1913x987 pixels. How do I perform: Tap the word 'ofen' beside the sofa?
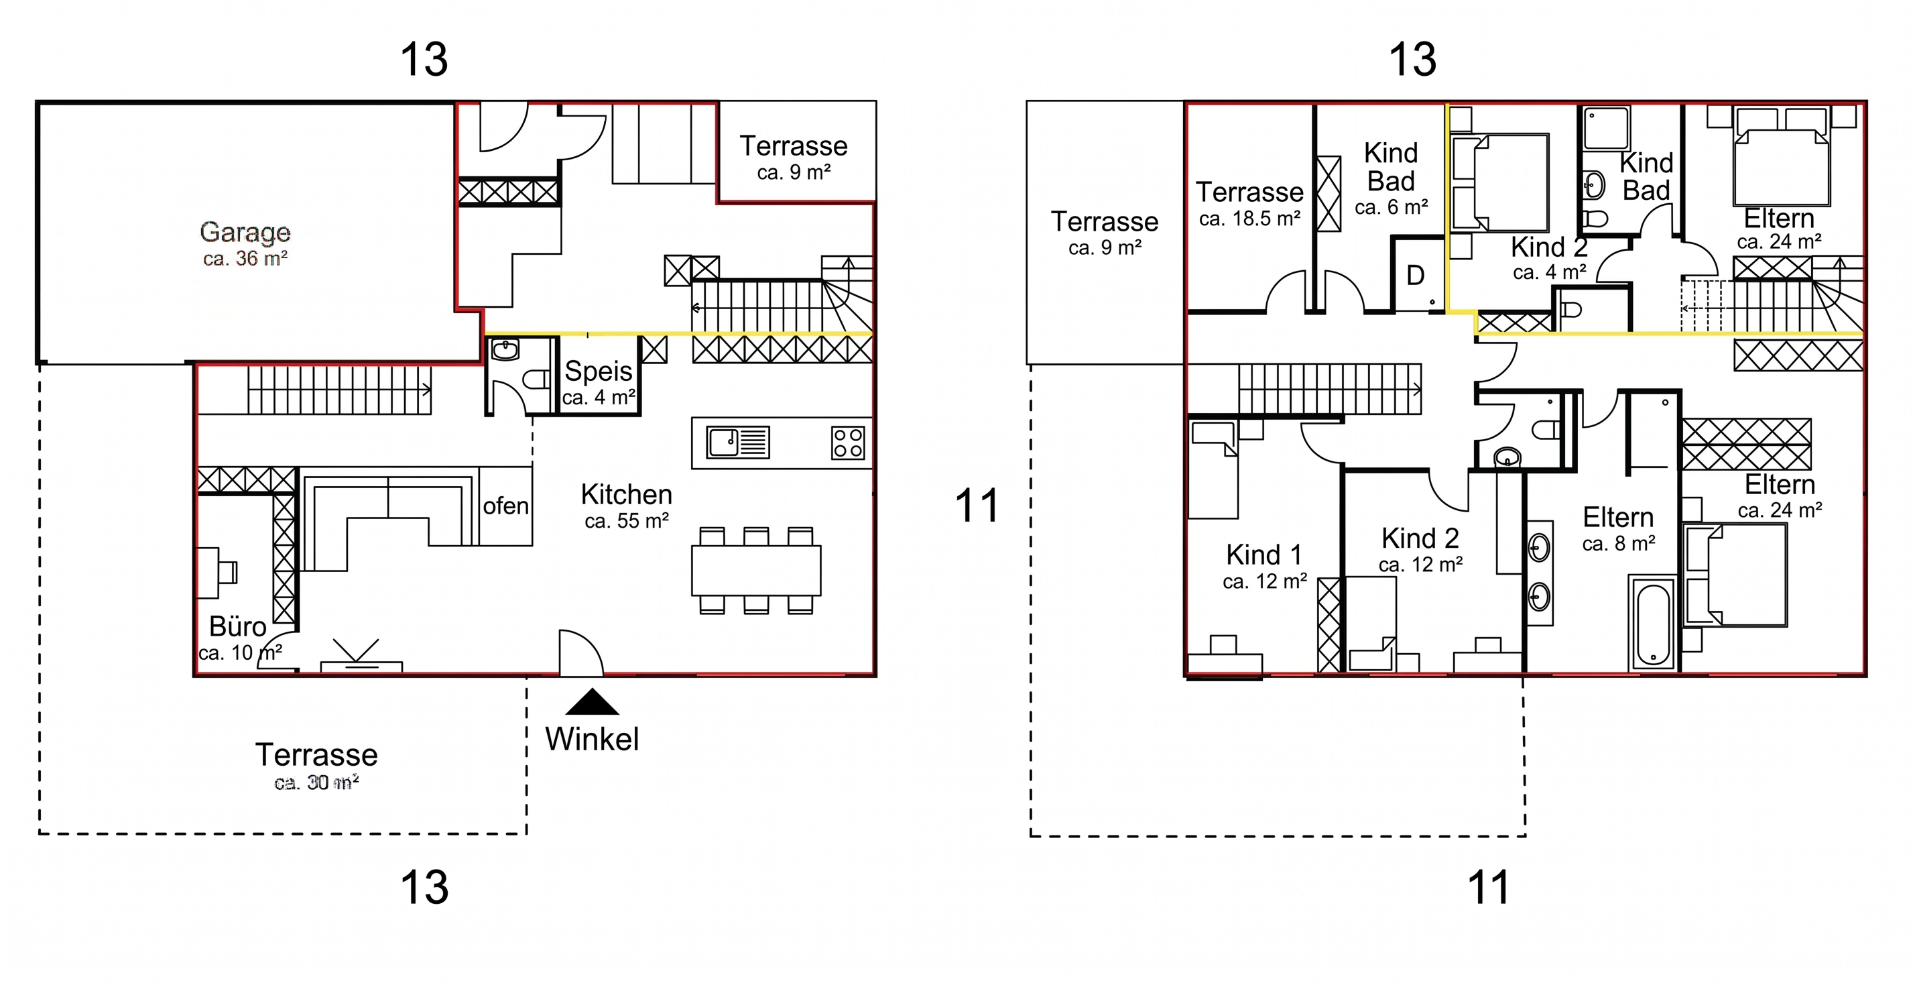coord(505,506)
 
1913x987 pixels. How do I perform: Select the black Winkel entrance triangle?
coord(592,702)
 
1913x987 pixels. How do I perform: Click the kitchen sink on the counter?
coord(737,443)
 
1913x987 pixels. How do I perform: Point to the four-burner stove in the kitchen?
coord(848,443)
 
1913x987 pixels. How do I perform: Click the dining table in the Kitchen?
coord(756,570)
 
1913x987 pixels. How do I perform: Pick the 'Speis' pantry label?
coord(599,371)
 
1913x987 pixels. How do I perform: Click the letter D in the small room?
coord(1416,276)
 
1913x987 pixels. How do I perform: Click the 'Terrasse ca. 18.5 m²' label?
coord(1250,203)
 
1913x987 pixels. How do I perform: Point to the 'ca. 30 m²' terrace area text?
coord(316,782)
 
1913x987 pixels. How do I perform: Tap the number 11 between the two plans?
coord(977,506)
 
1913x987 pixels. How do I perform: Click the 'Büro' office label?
coord(238,627)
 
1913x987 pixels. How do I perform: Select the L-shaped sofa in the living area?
coord(387,518)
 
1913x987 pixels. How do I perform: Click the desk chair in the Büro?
coord(227,573)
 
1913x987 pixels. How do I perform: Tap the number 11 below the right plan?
coord(1489,888)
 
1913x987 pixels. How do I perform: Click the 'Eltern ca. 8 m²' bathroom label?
coord(1618,530)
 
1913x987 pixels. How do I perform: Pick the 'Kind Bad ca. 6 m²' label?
coord(1391,179)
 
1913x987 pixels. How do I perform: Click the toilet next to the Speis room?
coord(535,380)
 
